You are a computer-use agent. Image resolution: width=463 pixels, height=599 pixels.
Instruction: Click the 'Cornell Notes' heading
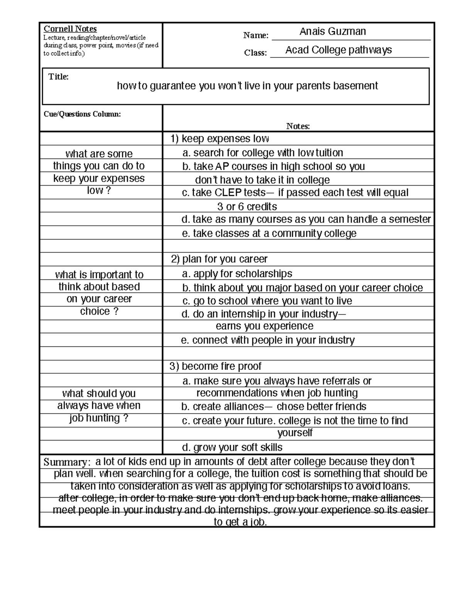(70, 29)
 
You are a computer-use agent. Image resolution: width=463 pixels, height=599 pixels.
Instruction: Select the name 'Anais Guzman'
(333, 32)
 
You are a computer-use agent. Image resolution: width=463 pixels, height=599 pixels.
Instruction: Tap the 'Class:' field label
(255, 53)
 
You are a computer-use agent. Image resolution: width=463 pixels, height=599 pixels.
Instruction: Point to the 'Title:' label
(58, 77)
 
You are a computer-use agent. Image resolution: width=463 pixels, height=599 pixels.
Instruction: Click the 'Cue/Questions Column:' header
(82, 114)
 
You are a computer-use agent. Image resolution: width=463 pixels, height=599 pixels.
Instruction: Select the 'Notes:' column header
(298, 126)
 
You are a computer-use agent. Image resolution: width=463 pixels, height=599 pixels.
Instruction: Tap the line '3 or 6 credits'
(247, 207)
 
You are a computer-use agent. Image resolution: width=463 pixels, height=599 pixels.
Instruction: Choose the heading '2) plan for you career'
(219, 259)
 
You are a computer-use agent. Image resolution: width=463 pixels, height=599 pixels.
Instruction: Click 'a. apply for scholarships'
(237, 274)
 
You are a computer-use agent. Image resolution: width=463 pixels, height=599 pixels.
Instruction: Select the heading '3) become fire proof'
(216, 366)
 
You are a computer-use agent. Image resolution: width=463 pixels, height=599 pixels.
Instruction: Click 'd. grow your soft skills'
(232, 447)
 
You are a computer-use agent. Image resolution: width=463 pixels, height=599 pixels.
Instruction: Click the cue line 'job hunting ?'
(99, 418)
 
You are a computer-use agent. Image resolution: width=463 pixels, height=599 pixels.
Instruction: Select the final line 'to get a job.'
(240, 522)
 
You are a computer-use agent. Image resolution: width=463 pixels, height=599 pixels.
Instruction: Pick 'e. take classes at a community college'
(269, 233)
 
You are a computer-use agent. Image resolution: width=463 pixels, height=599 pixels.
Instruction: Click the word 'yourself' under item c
(295, 433)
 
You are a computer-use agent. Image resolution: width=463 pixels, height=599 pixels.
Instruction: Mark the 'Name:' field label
(256, 35)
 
